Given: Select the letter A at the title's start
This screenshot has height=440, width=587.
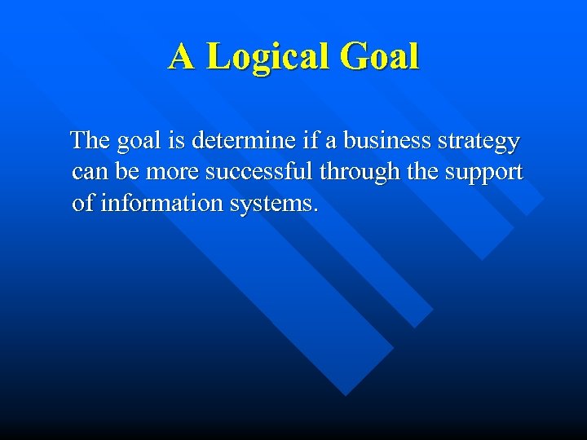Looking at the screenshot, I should [182, 57].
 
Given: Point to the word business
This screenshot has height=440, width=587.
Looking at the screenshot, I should [386, 141].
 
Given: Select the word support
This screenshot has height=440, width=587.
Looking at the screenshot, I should [483, 173].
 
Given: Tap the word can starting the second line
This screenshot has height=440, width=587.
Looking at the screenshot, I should [88, 173].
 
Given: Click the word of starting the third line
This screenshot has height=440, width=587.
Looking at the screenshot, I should [82, 203].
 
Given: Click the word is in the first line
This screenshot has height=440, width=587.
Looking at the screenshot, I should [177, 141].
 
